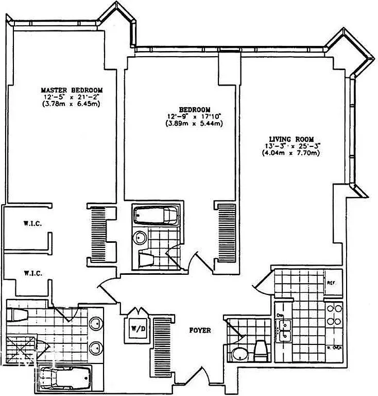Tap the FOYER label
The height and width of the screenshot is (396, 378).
coord(199,330)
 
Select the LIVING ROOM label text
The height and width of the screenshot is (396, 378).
coord(291,139)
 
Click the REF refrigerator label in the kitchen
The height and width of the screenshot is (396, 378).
coord(332,283)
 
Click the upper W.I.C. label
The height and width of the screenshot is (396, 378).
coord(32,224)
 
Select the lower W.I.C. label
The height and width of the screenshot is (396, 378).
coord(32,273)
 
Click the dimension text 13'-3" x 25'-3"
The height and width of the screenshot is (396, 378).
coord(290,146)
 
